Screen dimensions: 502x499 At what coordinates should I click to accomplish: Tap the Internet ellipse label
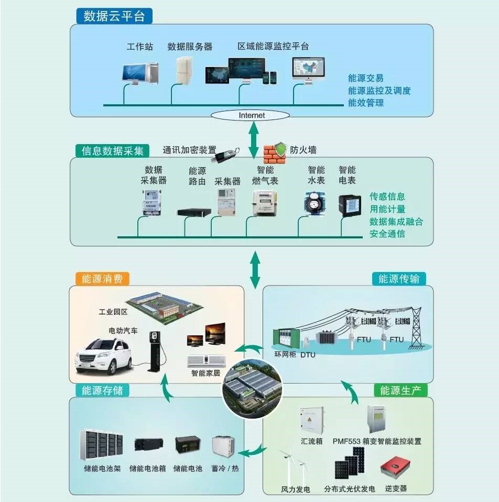[252, 115]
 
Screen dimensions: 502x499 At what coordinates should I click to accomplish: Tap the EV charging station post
[154, 350]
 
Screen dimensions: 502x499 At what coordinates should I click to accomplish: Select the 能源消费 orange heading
[102, 279]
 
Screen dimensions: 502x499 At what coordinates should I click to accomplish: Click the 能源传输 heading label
[399, 279]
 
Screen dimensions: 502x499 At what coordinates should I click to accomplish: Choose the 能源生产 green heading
[400, 390]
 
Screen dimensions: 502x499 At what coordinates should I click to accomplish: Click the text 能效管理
[366, 103]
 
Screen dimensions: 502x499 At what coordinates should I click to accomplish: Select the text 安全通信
[387, 234]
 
